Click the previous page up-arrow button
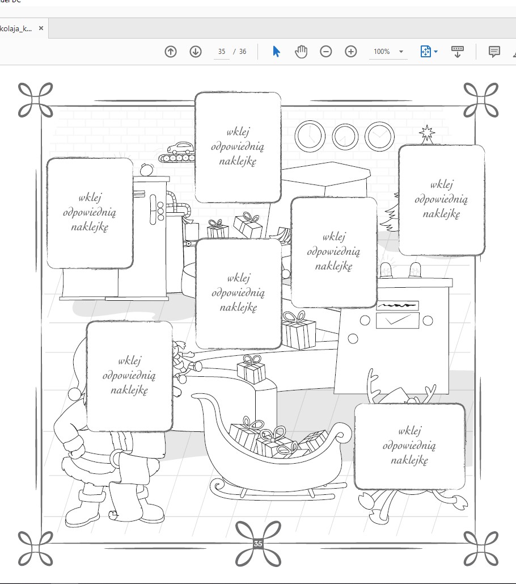point(171,52)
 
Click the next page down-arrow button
point(196,52)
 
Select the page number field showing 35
point(222,52)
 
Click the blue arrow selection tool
point(276,52)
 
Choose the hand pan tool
point(301,52)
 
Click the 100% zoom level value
point(382,52)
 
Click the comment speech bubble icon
point(494,52)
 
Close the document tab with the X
point(41,28)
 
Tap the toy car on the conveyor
point(181,148)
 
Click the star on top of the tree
point(427,133)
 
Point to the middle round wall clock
point(345,137)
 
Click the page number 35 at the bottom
point(258,543)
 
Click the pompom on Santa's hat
point(75,393)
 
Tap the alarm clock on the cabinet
point(146,170)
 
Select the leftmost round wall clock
point(310,136)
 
